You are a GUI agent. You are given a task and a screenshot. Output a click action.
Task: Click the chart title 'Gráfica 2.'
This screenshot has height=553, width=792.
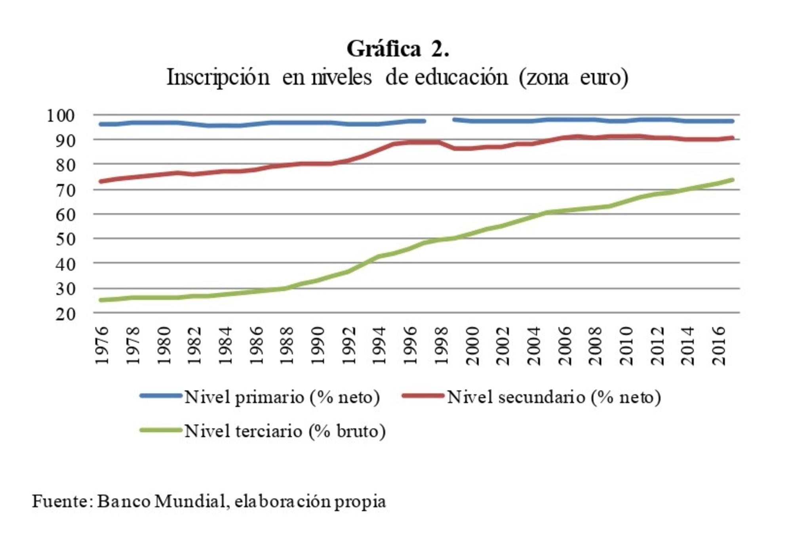click(398, 49)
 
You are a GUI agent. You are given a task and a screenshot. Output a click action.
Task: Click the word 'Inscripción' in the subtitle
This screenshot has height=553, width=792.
click(218, 77)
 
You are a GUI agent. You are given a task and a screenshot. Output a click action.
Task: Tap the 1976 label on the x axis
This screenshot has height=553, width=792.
click(102, 345)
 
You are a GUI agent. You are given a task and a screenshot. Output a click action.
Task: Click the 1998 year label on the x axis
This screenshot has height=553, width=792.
click(441, 345)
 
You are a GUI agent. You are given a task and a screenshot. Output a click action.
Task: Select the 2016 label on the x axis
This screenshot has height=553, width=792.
click(719, 345)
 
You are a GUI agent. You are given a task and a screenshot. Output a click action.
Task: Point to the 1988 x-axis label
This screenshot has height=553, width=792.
click(287, 345)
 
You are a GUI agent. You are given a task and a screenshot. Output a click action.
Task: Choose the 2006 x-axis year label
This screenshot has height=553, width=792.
click(565, 345)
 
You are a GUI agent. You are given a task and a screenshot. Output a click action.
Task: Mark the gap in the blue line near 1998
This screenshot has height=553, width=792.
click(439, 120)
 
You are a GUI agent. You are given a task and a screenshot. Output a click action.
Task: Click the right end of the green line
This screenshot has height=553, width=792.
click(732, 180)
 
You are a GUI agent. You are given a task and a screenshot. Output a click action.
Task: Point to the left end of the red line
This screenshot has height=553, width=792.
click(101, 181)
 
